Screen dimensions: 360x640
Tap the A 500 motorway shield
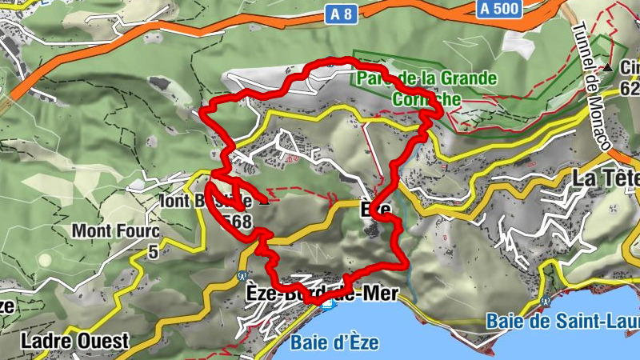[x=500, y=9]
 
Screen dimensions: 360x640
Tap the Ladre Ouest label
[x=75, y=341]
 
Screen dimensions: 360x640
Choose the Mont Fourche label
[x=116, y=231]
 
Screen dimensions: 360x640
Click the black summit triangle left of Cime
[x=608, y=69]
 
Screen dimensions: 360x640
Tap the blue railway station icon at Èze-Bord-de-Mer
[x=326, y=305]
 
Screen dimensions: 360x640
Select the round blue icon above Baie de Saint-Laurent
[x=545, y=301]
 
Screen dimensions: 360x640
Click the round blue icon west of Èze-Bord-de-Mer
[x=241, y=276]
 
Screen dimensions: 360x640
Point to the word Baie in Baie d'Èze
[x=308, y=343]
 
